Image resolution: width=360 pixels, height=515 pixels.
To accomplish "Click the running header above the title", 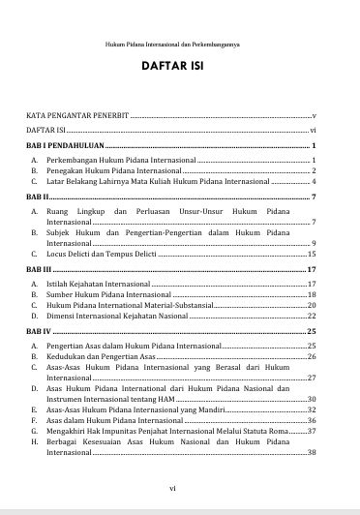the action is point(179,45).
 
